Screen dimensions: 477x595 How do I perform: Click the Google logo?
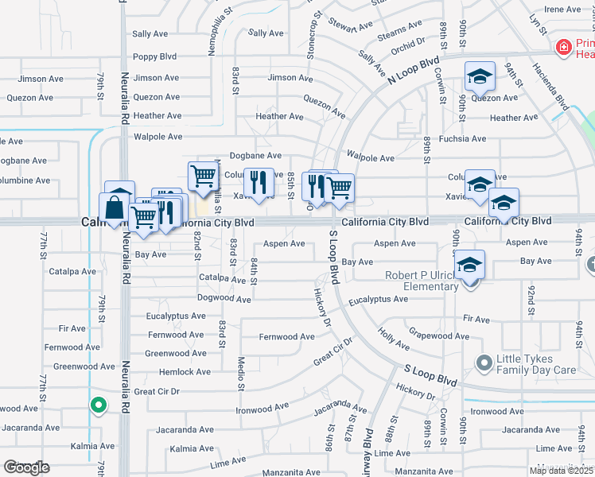pyautogui.click(x=26, y=467)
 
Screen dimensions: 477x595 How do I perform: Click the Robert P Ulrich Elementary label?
pyautogui.click(x=422, y=281)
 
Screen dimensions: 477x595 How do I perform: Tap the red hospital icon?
pyautogui.click(x=563, y=48)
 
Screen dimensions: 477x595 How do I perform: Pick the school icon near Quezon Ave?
pyautogui.click(x=479, y=76)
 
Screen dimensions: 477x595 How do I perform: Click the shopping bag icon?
pyautogui.click(x=116, y=208)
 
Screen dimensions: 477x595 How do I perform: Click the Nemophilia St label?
pyautogui.click(x=212, y=32)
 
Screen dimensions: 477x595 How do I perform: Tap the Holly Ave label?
pyautogui.click(x=393, y=339)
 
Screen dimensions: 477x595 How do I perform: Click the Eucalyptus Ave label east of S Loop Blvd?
pyautogui.click(x=378, y=300)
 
